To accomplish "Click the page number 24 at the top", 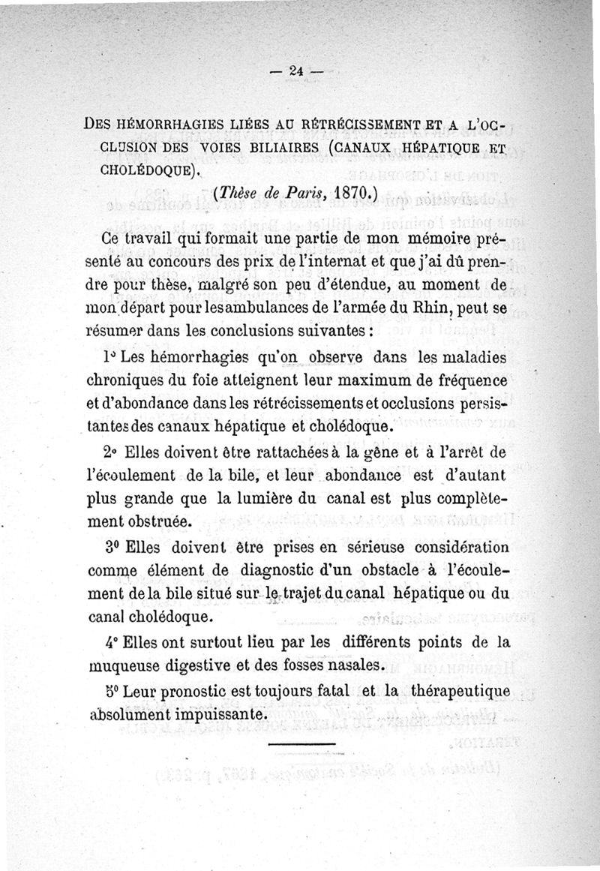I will (x=295, y=71).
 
